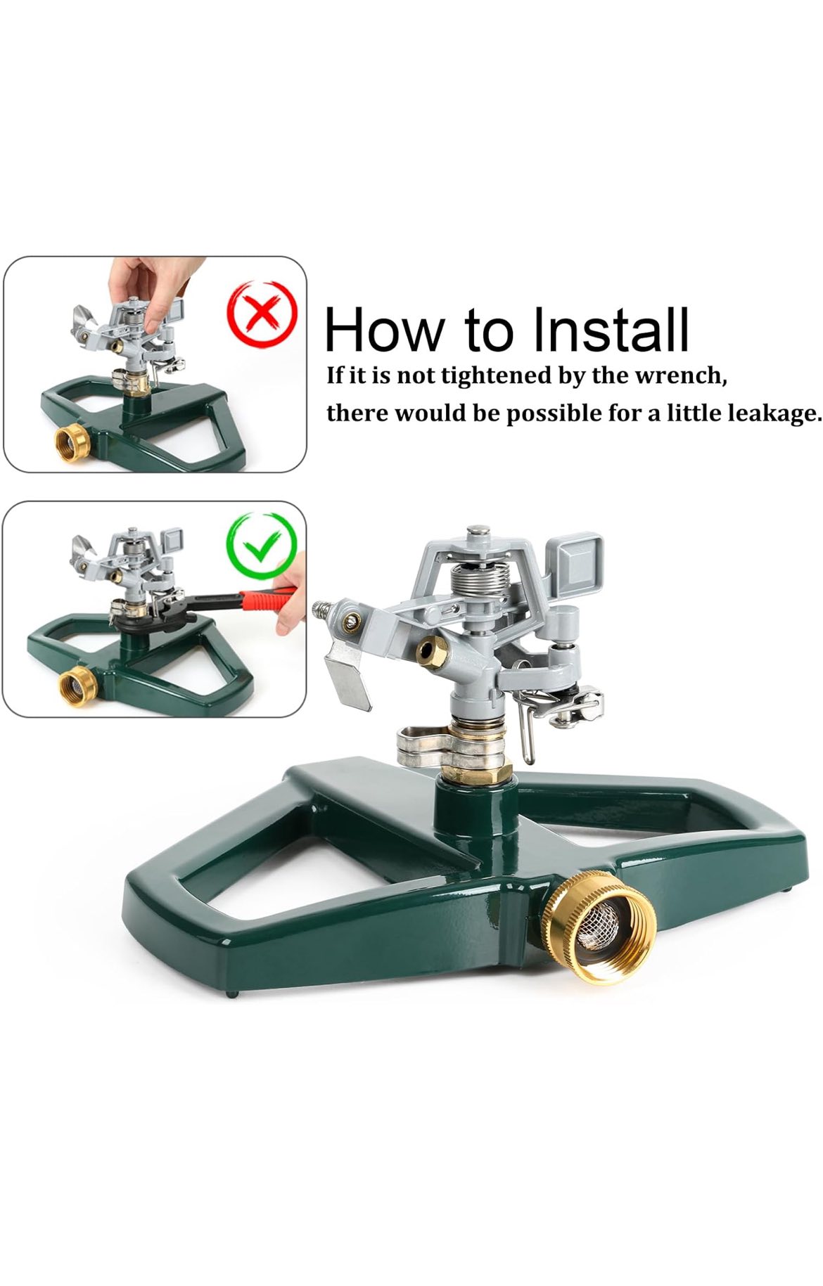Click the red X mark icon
pos(262,314)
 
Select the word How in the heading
pos(385,329)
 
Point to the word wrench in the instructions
pos(680,375)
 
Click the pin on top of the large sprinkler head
pos(479,530)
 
